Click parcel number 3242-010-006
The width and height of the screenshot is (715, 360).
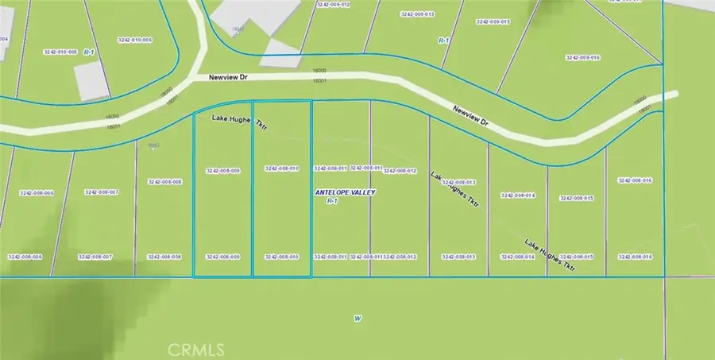coord(134,40)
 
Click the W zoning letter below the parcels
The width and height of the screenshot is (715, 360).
coord(357,319)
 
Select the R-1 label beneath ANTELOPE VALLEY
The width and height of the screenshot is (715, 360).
coord(333,202)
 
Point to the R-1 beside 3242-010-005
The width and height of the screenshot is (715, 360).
coord(91,52)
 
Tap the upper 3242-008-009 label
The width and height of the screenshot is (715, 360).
coord(222,171)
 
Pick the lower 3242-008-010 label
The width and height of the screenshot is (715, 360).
coord(281,257)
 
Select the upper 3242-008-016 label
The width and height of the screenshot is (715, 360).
coord(635,181)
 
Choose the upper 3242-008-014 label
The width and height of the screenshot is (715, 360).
coord(517,195)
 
